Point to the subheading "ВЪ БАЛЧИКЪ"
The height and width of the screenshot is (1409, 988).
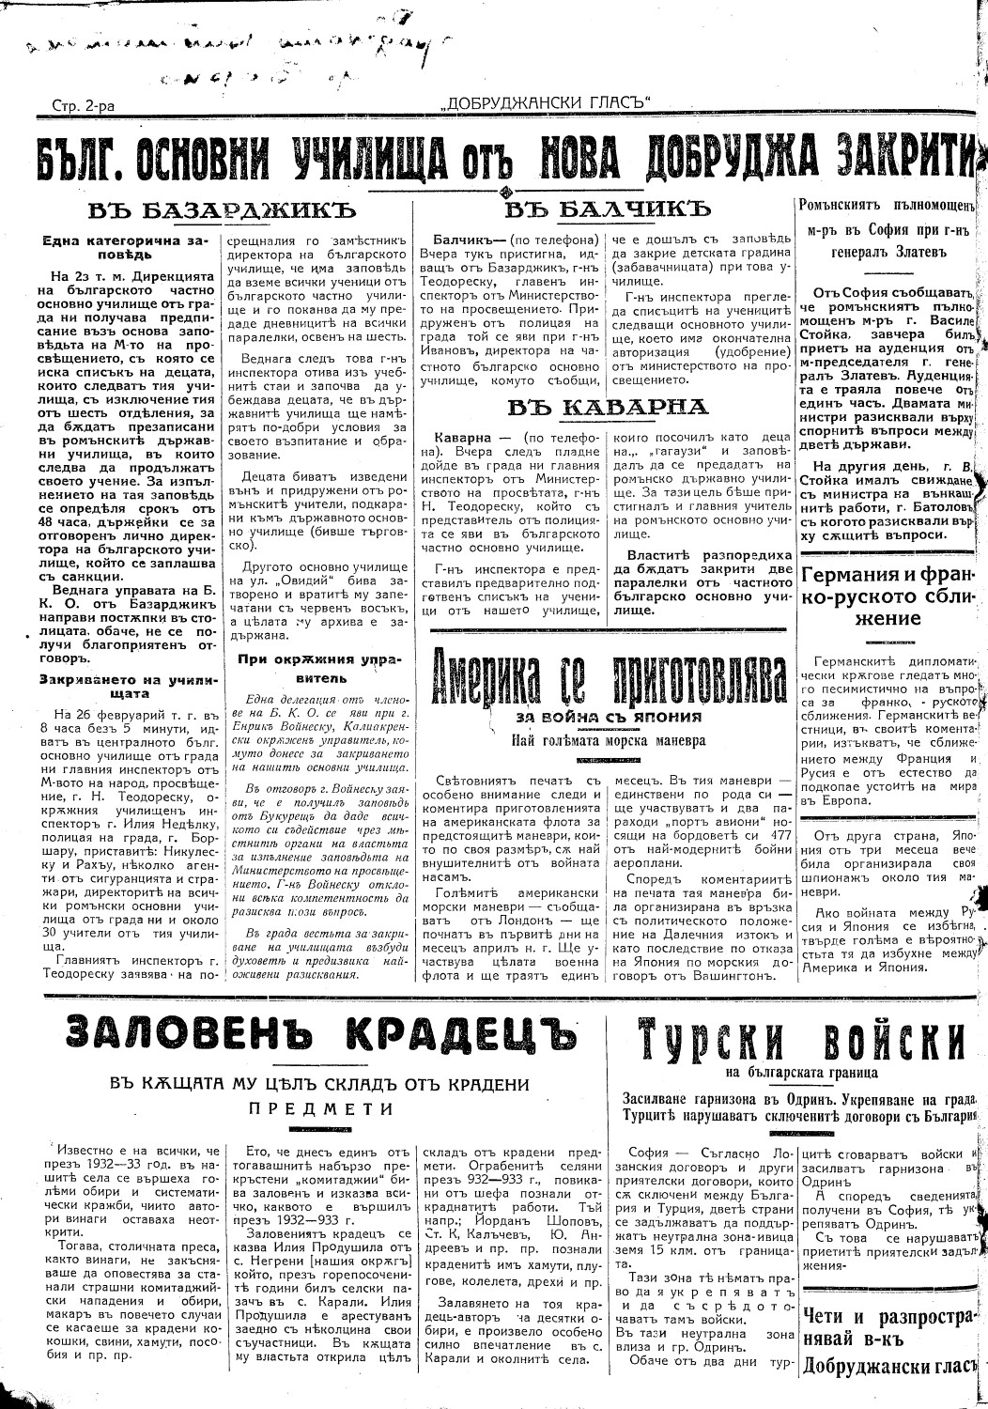607,208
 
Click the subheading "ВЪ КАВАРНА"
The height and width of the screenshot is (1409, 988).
607,406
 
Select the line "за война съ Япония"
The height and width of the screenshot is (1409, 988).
609,717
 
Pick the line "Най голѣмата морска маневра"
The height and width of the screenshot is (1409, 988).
609,740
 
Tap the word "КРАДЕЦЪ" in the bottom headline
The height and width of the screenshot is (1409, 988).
459,1036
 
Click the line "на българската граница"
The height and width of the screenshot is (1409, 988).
800,1071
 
